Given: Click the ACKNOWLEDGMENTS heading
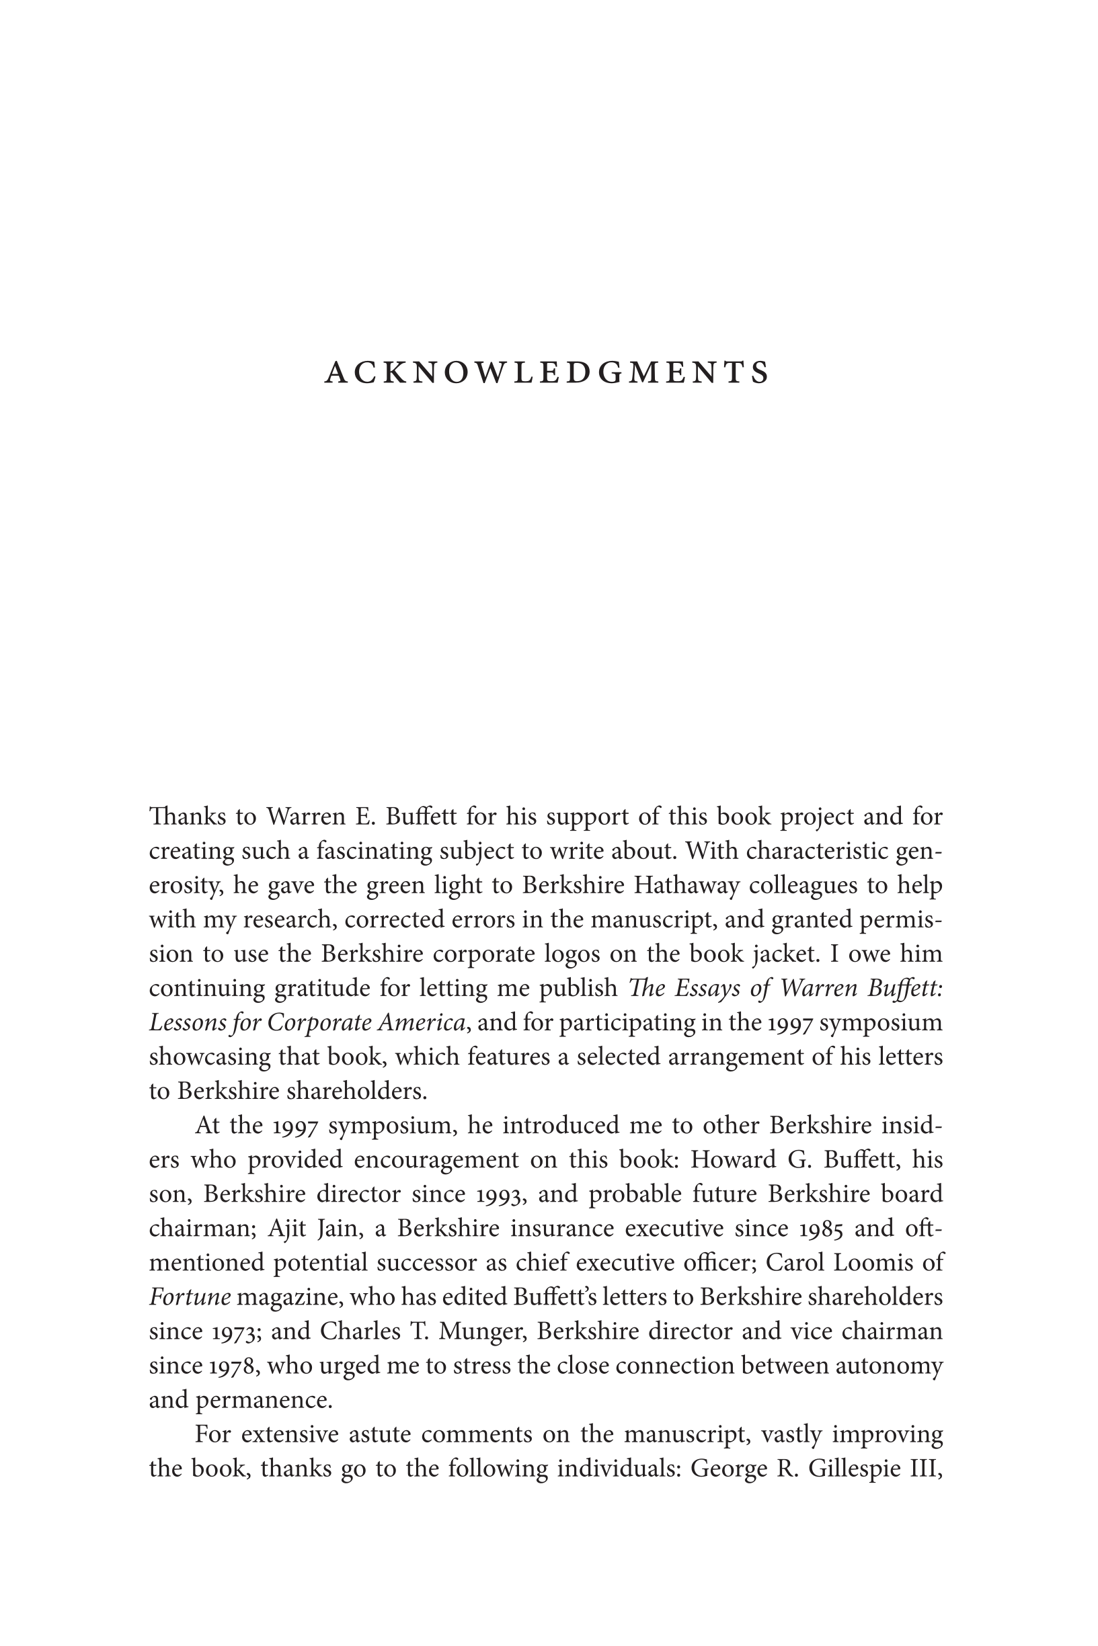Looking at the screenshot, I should (547, 373).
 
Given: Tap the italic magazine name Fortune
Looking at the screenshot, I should (190, 1297).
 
